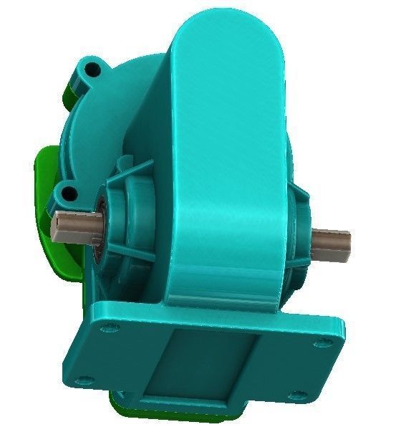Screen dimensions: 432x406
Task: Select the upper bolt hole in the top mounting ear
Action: pos(91,70)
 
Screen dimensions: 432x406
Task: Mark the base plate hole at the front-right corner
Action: pos(295,393)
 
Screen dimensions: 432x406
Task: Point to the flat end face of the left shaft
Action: pos(56,227)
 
